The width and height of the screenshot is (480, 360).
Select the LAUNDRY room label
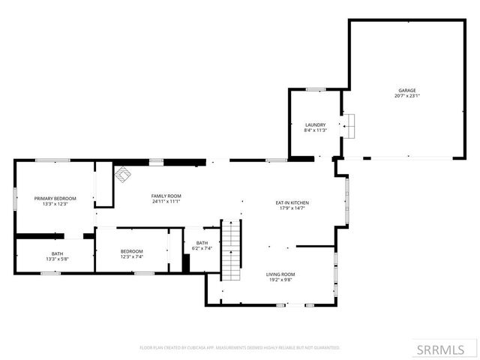click(315, 124)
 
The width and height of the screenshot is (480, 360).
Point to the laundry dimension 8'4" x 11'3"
click(315, 130)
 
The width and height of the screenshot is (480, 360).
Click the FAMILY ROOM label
click(166, 196)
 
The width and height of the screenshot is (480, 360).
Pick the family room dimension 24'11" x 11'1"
click(166, 202)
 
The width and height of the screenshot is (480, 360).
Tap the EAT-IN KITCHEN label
click(292, 202)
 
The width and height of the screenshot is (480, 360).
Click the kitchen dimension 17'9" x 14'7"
click(292, 208)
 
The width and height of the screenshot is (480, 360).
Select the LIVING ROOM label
click(280, 274)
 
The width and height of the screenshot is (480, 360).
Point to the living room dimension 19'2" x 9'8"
click(280, 280)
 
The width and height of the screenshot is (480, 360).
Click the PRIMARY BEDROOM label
click(55, 198)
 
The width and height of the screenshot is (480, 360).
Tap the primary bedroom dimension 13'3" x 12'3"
click(55, 204)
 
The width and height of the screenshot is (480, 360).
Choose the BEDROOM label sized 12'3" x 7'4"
click(132, 250)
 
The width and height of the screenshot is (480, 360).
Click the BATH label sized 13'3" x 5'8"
click(58, 253)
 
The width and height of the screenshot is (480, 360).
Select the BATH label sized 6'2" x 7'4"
click(202, 242)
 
